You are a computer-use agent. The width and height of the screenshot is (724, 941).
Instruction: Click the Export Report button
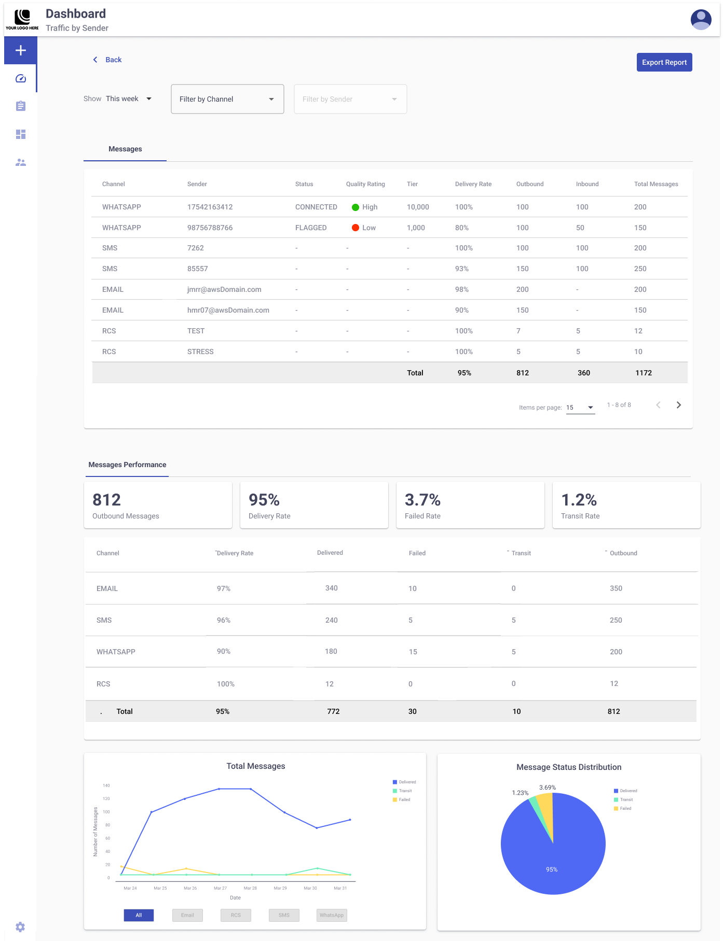pos(664,62)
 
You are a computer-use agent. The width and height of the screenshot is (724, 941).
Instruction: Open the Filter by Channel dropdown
pos(227,99)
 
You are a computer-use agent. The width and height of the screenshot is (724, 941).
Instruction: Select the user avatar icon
pos(701,20)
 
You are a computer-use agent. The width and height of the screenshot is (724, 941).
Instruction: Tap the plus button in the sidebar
pos(21,50)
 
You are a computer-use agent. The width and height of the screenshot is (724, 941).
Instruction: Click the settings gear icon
pos(20,926)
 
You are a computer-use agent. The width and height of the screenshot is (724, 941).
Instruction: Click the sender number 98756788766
pos(210,228)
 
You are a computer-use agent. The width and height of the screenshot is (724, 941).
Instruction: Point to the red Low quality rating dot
pos(356,228)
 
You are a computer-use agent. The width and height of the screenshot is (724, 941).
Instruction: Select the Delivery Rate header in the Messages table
pos(473,184)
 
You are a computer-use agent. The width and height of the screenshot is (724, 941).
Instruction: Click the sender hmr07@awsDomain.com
pos(228,310)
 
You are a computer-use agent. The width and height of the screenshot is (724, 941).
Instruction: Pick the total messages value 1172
pos(643,373)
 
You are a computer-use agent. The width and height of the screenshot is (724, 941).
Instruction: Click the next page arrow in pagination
pos(678,405)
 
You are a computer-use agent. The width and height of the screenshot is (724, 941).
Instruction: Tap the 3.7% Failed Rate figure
pos(422,500)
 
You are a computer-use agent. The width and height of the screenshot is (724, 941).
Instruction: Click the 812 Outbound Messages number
pos(106,500)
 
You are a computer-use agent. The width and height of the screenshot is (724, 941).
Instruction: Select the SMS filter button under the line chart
pos(284,915)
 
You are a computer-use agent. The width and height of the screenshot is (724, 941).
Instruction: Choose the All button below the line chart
pos(139,915)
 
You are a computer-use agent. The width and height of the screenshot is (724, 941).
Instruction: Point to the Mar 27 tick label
pos(220,888)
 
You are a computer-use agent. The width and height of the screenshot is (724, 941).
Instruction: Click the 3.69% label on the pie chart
pos(547,788)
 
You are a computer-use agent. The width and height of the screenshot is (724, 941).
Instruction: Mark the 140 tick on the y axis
pos(106,785)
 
